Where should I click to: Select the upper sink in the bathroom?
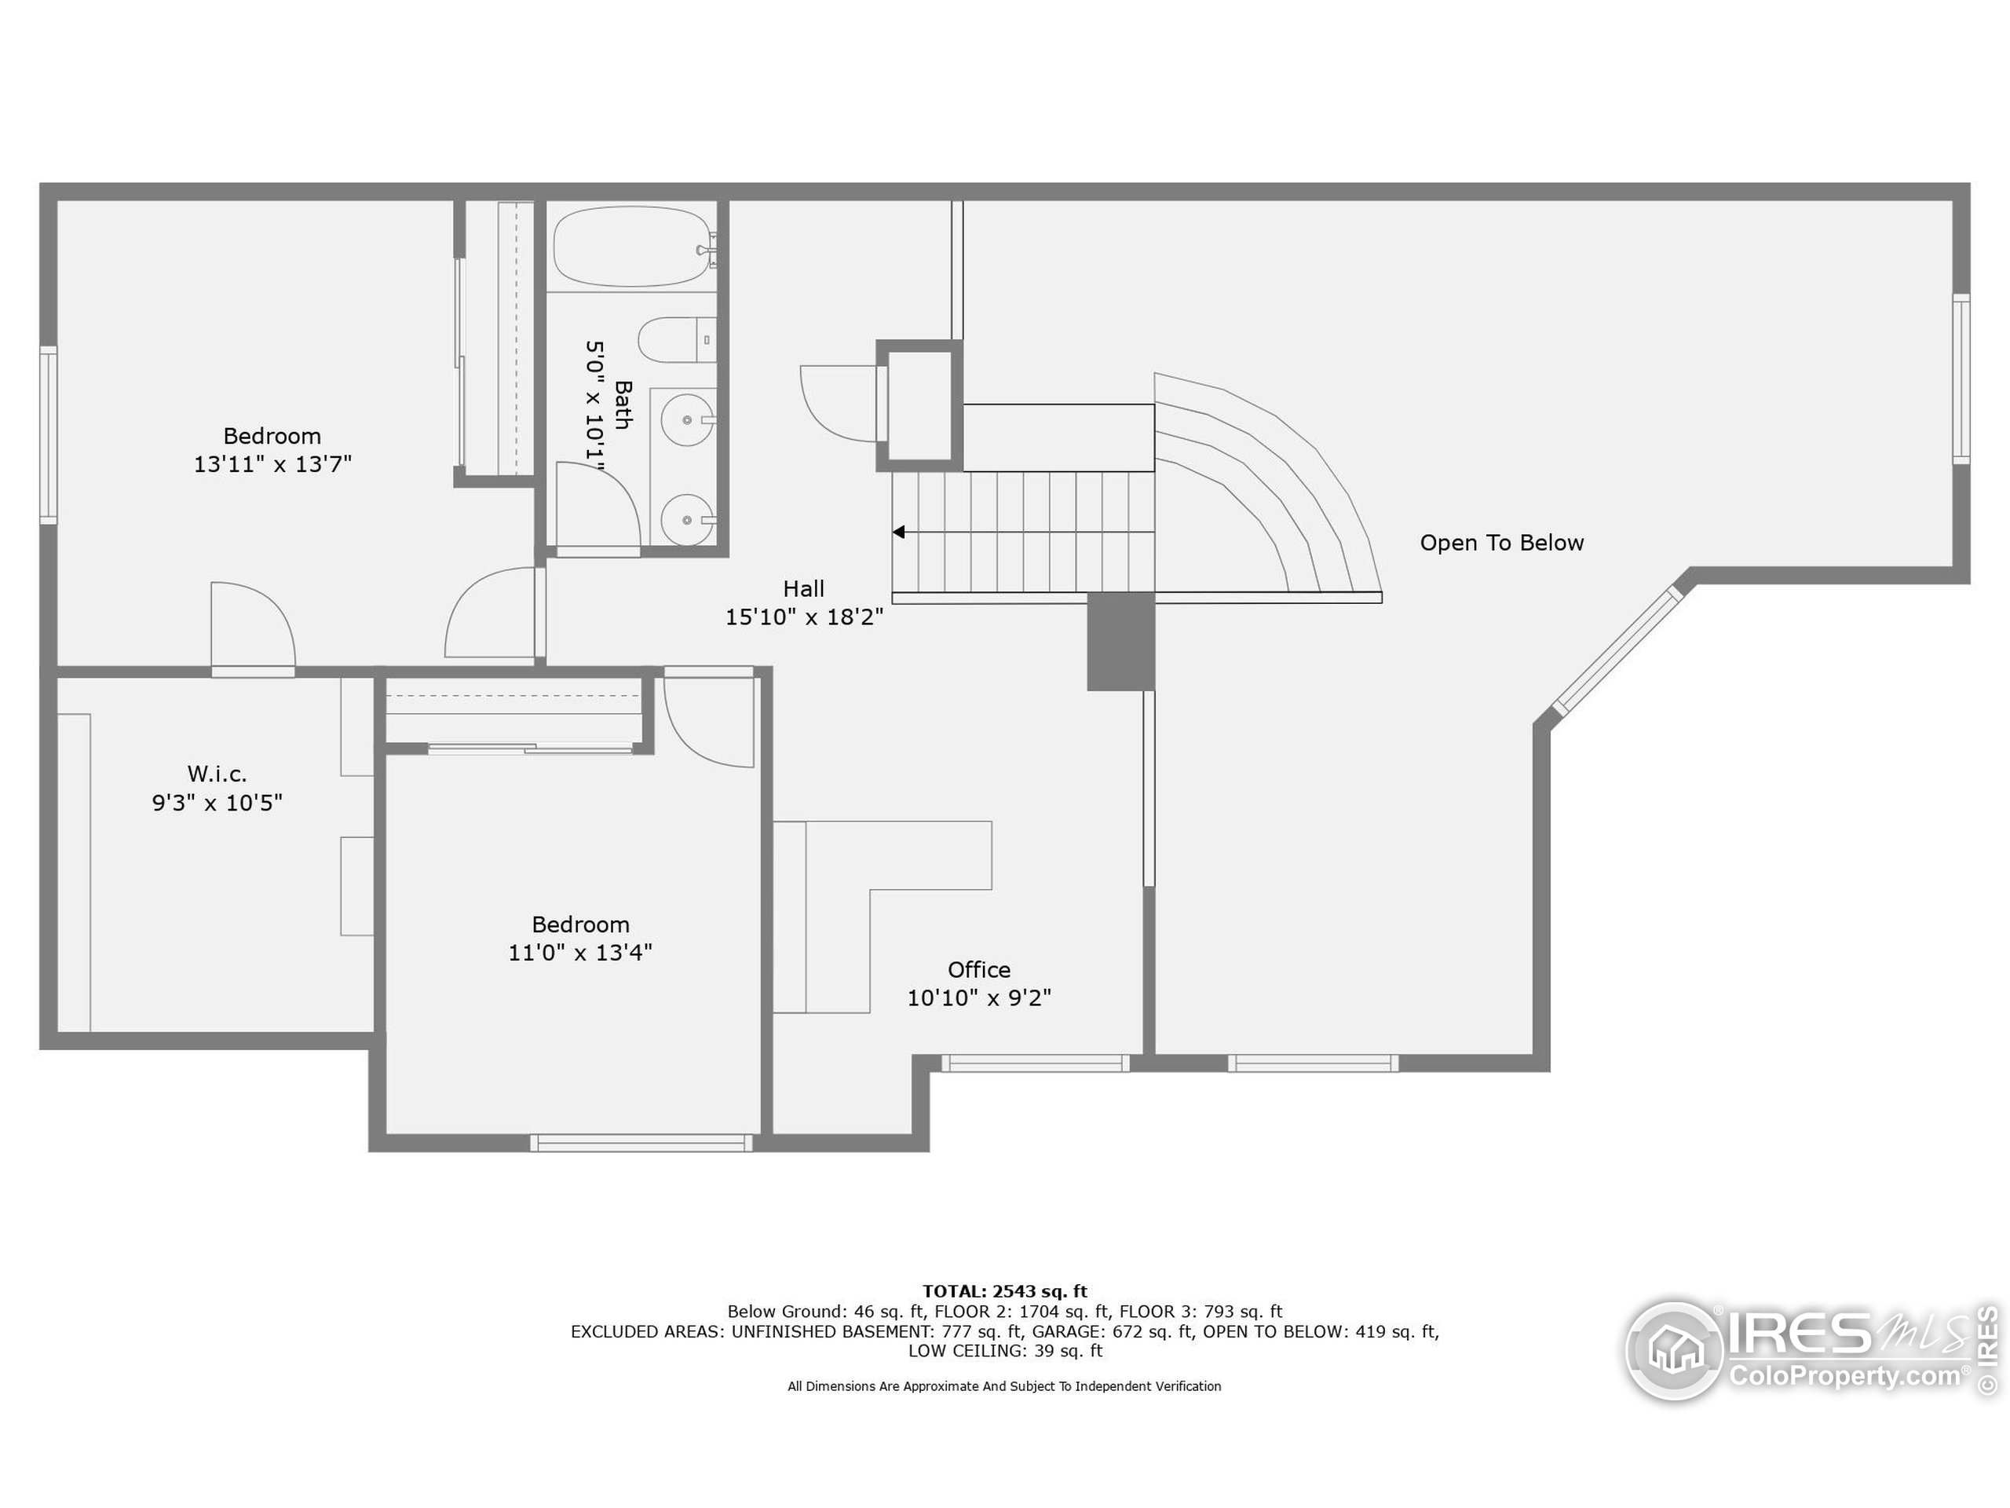pos(687,420)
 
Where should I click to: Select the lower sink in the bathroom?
pos(687,520)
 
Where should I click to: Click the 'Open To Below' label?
pos(1501,543)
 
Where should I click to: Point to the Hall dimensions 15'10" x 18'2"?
pos(803,617)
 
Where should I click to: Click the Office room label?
pos(978,970)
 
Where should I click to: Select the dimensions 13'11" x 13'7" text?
pos(272,464)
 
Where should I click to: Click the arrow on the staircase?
pos(899,532)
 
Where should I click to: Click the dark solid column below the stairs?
pos(1120,642)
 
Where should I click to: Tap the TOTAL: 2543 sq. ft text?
pos(1004,1290)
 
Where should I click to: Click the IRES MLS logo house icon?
pos(1674,1351)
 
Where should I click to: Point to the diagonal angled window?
pos(1617,651)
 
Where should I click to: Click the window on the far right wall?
pos(1961,379)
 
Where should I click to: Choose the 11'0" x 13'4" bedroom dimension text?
pos(579,953)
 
